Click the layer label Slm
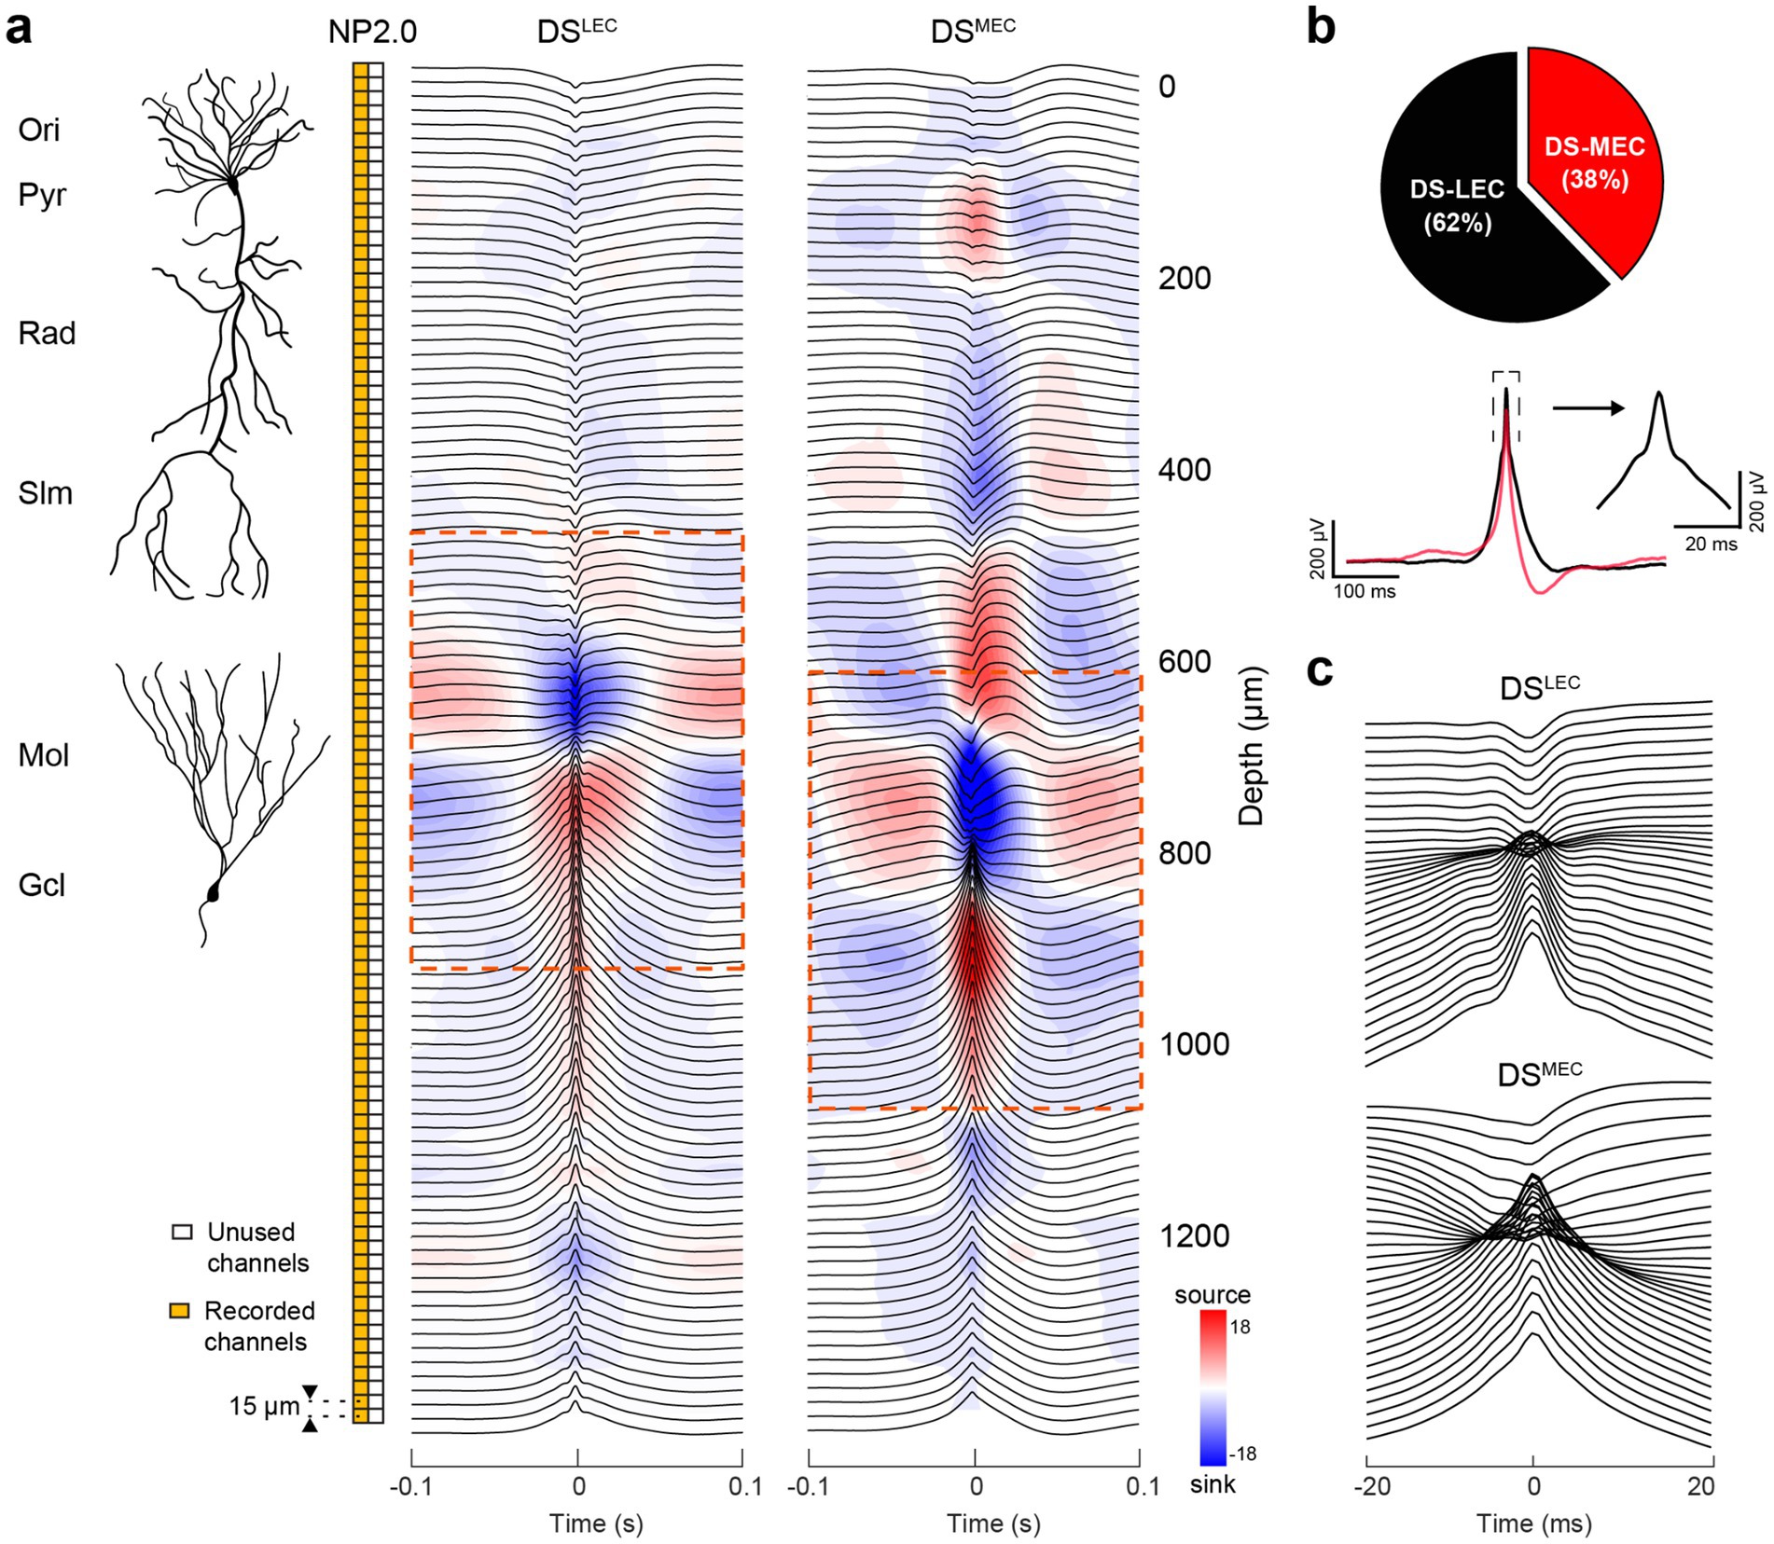(x=45, y=493)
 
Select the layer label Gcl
(x=42, y=885)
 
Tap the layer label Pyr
(x=42, y=196)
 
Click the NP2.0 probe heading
(x=372, y=33)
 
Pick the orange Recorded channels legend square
(x=180, y=1311)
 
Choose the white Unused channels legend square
(x=183, y=1232)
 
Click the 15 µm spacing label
(x=264, y=1406)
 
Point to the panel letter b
(x=1321, y=28)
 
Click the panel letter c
(x=1320, y=670)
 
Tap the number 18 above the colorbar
(x=1241, y=1327)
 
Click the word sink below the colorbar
(x=1213, y=1483)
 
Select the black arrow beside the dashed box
(x=1587, y=407)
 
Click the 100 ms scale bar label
(x=1365, y=591)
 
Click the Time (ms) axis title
(x=1533, y=1523)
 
